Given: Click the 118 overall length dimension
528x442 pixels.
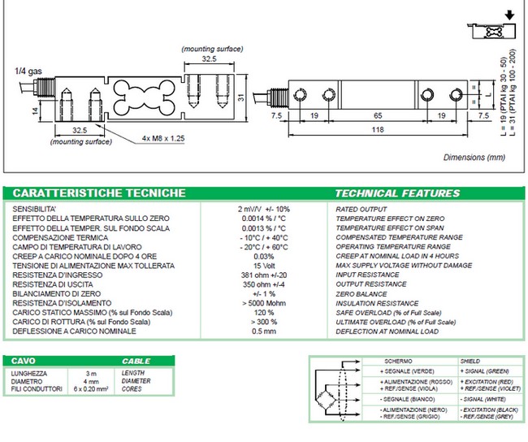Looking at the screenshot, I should tap(379, 129).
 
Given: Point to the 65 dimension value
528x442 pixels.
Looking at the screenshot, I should tap(378, 116).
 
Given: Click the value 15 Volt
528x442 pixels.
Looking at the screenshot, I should tap(261, 266).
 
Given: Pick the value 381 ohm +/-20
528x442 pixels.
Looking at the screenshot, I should tap(261, 275).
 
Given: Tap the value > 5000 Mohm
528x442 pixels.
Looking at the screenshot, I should tap(261, 303).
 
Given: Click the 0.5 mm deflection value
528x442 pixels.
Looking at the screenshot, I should tap(261, 331).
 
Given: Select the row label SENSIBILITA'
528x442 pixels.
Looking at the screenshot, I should tap(33, 209).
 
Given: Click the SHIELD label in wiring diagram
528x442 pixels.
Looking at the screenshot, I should tap(473, 361).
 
